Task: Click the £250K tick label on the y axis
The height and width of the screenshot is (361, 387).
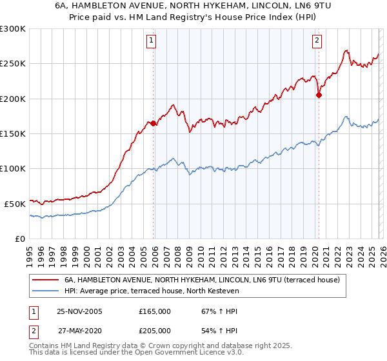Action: point(13,64)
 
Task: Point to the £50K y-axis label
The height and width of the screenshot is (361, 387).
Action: point(15,203)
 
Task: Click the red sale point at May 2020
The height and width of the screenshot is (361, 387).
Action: point(319,95)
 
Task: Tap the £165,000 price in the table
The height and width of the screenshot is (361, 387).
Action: point(155,311)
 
